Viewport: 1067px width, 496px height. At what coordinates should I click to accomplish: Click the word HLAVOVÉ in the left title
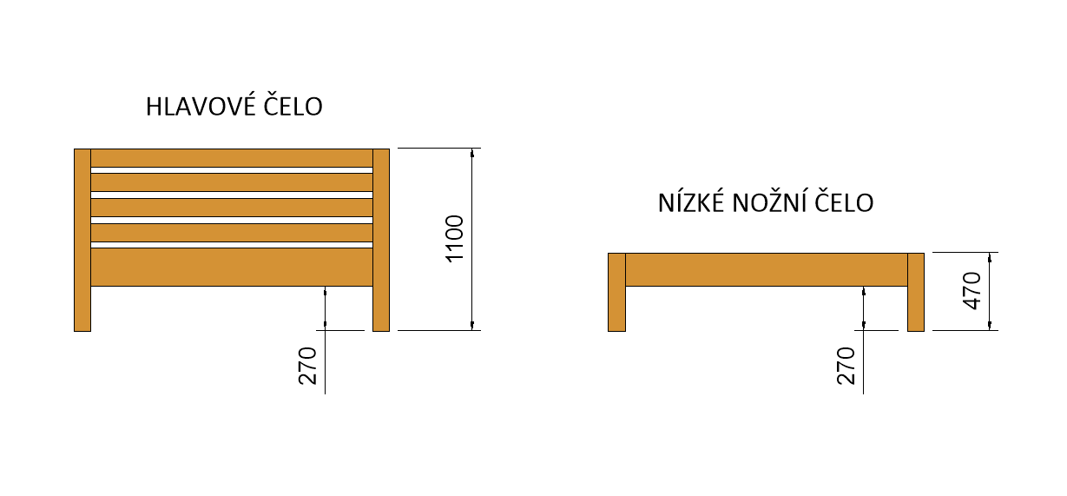[196, 106]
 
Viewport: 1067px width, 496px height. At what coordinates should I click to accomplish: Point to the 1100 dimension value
[456, 240]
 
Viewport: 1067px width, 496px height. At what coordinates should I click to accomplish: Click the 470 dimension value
[972, 291]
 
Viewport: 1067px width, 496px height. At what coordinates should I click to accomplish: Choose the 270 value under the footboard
[848, 366]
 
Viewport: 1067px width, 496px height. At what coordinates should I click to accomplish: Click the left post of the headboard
[82, 241]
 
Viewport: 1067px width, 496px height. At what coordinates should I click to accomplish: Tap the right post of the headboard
[381, 241]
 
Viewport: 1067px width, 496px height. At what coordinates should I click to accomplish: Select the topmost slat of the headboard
[232, 158]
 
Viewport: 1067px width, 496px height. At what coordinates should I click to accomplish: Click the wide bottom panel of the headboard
[232, 268]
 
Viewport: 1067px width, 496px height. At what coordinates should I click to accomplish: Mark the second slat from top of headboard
[232, 182]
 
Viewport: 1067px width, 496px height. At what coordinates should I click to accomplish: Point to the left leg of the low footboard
[616, 292]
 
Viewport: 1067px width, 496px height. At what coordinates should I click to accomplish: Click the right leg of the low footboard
[916, 292]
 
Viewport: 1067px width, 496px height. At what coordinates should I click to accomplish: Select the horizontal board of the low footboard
[767, 269]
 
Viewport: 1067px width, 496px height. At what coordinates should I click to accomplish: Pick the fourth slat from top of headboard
[232, 233]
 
